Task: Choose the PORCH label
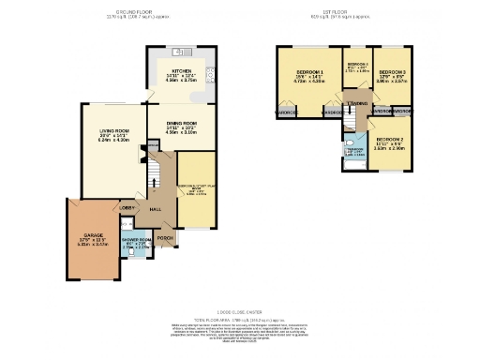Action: [x=165, y=238]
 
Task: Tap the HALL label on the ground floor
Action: [x=157, y=211]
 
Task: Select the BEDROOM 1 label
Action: [x=309, y=73]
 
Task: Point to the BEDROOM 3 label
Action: [x=392, y=72]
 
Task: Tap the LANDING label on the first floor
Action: [x=356, y=103]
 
